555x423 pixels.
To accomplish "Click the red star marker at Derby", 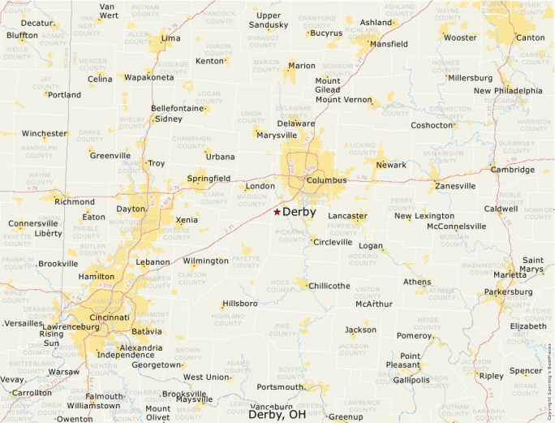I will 277,212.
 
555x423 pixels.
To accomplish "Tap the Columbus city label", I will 327,180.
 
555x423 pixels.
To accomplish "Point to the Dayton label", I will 131,209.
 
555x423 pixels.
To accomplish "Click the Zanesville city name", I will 455,186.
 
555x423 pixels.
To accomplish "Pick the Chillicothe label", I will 329,286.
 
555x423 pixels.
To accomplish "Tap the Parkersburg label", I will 508,292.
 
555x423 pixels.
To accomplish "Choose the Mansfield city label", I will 389,44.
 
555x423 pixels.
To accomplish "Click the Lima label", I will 171,38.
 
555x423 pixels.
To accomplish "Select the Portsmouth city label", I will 280,387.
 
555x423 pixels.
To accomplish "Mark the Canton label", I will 531,38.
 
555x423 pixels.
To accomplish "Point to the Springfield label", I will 209,178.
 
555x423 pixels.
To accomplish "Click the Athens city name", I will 417,282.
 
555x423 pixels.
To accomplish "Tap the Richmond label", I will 75,201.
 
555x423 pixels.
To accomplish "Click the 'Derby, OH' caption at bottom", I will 277,414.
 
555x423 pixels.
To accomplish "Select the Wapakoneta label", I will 149,78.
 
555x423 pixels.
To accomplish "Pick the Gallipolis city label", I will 411,380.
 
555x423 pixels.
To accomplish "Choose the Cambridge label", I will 513,170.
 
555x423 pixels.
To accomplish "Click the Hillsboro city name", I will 239,304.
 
